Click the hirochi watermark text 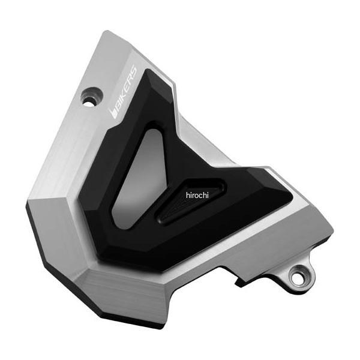coord(197,195)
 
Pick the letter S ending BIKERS coord(133,70)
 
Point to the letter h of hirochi coord(188,195)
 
